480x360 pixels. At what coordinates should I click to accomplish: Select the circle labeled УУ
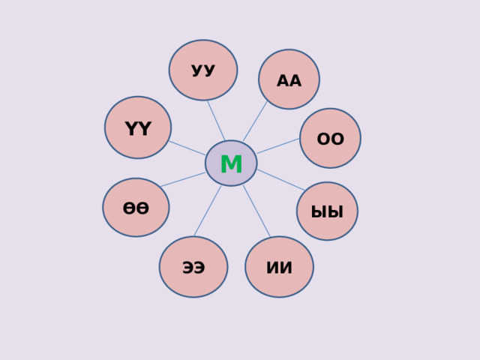203,70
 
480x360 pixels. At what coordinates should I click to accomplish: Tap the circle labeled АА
289,79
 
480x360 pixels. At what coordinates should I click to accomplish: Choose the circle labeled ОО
330,138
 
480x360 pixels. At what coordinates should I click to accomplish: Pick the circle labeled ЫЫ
327,211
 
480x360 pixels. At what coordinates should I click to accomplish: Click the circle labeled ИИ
279,266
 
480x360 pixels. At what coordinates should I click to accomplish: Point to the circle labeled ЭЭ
193,266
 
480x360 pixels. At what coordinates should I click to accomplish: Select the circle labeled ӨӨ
136,207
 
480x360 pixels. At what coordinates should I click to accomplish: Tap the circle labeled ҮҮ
138,127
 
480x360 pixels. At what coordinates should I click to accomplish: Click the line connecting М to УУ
215,119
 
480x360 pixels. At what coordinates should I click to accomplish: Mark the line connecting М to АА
256,121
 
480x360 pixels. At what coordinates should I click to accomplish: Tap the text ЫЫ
327,212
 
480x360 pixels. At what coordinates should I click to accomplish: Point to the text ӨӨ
136,208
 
